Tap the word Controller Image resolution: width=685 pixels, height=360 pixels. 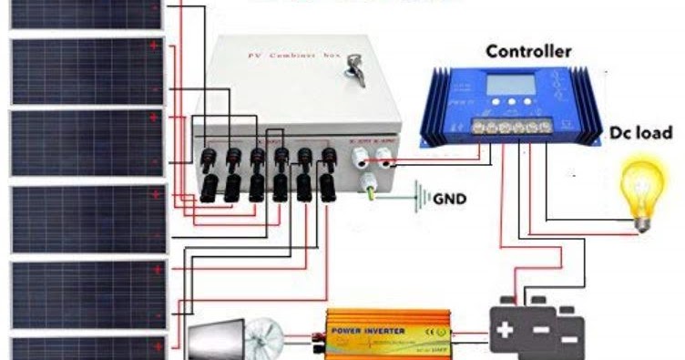(528, 51)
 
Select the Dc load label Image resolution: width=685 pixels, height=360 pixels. (643, 133)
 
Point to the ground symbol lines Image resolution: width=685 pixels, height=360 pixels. (422, 196)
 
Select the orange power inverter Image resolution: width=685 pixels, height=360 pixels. (390, 335)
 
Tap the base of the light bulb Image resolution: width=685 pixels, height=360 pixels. (643, 220)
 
